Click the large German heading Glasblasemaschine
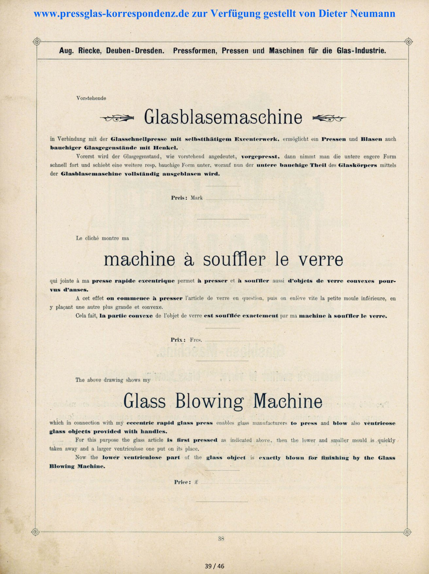click(223, 117)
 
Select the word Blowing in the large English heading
click(209, 401)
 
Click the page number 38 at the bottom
click(221, 539)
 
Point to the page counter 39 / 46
click(214, 566)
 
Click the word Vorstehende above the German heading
click(91, 98)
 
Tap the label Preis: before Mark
click(179, 198)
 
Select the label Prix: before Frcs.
click(178, 340)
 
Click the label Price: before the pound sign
click(182, 482)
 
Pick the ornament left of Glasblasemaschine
click(117, 119)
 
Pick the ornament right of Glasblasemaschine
click(329, 119)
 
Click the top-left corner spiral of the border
click(37, 42)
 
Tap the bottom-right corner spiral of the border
click(407, 532)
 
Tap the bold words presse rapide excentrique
click(133, 281)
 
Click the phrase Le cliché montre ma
click(102, 238)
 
